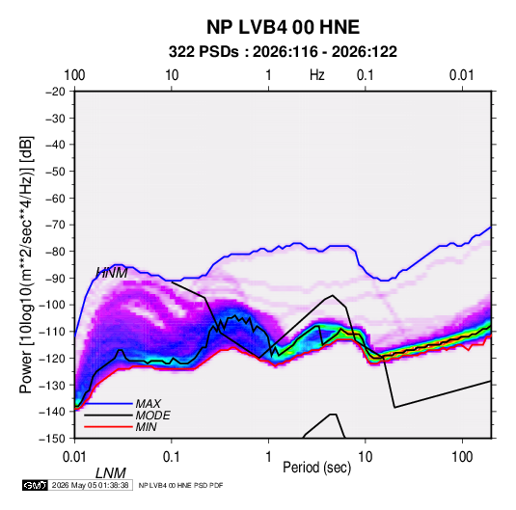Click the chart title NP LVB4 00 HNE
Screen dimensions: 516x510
click(x=283, y=27)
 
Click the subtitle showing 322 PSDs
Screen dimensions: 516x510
click(x=283, y=52)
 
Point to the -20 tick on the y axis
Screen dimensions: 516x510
click(x=55, y=92)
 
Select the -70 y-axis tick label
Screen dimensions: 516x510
click(x=55, y=225)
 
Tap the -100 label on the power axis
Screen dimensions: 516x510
click(x=52, y=305)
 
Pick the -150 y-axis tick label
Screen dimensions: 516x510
click(x=52, y=439)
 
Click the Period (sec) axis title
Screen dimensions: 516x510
click(x=317, y=468)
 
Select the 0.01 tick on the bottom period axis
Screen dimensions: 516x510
click(x=74, y=457)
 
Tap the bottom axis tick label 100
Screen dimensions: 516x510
click(x=462, y=457)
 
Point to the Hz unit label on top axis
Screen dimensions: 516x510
click(x=317, y=75)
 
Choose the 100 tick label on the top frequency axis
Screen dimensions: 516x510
click(x=74, y=75)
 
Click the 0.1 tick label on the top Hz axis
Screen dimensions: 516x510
click(x=366, y=75)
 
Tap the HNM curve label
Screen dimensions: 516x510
click(x=112, y=273)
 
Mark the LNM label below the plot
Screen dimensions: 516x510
click(x=111, y=473)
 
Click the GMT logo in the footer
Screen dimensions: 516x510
click(x=36, y=485)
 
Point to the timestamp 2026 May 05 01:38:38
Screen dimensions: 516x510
click(x=90, y=485)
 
